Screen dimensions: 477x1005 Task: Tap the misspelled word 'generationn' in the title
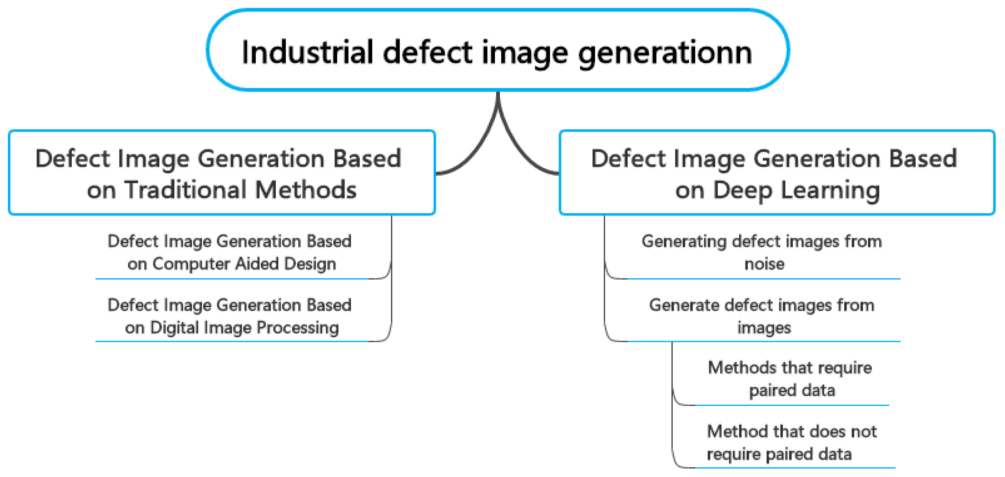(665, 53)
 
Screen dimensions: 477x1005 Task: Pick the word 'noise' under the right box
(764, 264)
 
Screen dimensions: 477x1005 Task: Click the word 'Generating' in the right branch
(684, 241)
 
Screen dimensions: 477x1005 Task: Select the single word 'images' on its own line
(764, 328)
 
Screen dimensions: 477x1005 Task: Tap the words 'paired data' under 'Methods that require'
(792, 391)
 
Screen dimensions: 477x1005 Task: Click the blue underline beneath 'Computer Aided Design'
(234, 279)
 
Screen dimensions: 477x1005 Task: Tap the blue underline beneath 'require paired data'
(792, 467)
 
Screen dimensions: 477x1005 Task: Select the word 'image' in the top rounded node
(525, 53)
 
